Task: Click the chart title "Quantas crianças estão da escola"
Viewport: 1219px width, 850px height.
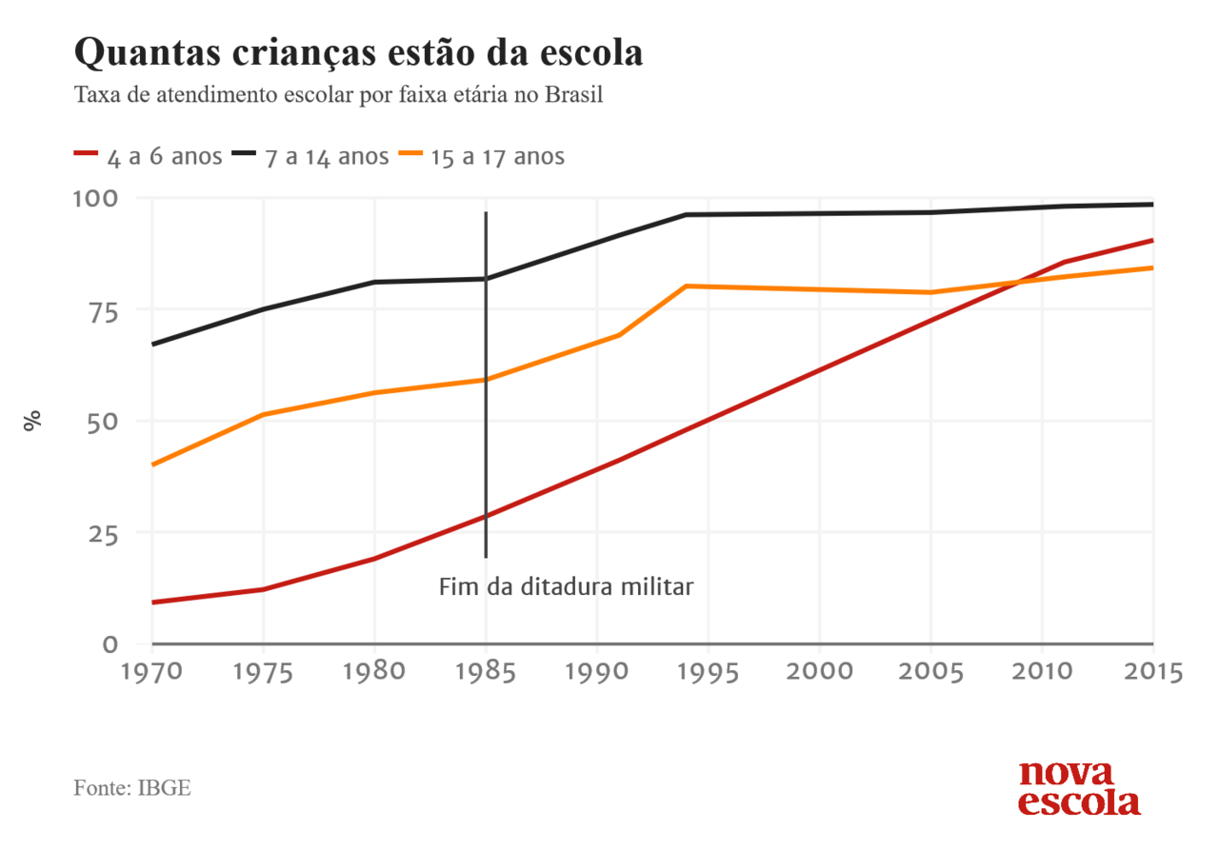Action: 358,53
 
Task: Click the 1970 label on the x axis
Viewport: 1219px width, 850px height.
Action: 152,671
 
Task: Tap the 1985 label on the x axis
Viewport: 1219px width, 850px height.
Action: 486,671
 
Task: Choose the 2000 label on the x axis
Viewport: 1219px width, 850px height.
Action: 819,671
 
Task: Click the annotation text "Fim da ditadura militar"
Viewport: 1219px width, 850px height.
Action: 566,586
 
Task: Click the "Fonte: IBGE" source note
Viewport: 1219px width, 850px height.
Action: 132,789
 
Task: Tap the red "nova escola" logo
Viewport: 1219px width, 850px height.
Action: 1079,788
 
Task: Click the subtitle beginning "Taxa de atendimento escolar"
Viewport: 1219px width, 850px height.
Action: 338,96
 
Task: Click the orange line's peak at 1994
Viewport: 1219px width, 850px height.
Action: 687,286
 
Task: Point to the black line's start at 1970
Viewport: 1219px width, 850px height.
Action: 152,344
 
